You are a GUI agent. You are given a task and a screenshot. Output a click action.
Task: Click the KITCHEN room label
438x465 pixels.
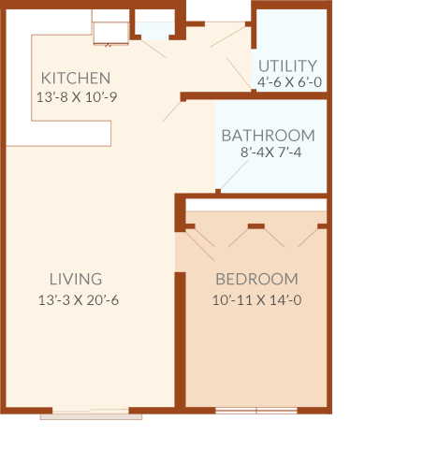(76, 78)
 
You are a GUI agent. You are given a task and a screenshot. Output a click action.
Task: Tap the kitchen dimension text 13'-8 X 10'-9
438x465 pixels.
(77, 97)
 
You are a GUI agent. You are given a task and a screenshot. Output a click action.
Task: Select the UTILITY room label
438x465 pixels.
(287, 65)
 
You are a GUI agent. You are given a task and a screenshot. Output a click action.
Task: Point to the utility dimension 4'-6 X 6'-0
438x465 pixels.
(289, 82)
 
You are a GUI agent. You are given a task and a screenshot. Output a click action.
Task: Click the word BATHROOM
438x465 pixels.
(269, 136)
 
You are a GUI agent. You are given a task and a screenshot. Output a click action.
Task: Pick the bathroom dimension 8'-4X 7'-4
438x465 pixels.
(271, 153)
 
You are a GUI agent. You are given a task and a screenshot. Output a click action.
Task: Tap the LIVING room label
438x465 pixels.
(76, 279)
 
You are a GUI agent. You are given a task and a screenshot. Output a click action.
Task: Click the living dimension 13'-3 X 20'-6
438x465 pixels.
(79, 300)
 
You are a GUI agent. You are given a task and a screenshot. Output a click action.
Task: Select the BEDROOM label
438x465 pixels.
(256, 279)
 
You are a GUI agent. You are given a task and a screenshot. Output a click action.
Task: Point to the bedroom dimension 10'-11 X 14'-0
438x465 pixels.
(256, 300)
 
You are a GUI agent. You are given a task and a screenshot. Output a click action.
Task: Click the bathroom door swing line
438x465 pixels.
(234, 175)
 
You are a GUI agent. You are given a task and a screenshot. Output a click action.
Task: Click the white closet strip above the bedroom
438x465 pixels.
(256, 205)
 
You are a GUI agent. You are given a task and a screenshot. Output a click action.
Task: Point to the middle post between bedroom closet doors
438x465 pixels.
(256, 226)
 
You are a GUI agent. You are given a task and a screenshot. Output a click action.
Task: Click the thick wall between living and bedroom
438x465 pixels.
(180, 340)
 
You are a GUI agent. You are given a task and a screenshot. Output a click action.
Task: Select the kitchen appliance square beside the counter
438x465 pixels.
(111, 33)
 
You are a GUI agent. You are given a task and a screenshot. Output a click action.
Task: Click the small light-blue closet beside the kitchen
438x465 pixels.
(154, 31)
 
